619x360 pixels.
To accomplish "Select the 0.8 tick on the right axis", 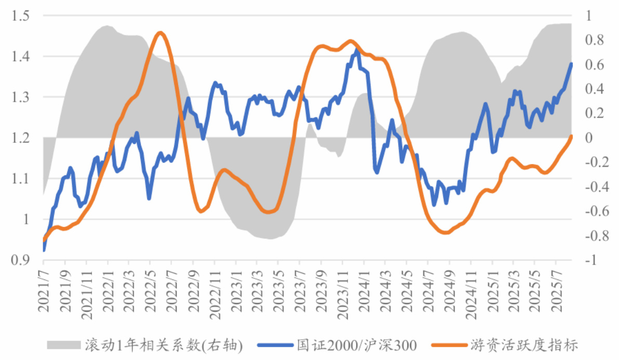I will (x=588, y=41).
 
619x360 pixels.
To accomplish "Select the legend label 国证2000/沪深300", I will (x=357, y=345).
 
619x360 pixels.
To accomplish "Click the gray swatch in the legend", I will (x=63, y=345).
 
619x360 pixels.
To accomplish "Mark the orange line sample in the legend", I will (x=447, y=345).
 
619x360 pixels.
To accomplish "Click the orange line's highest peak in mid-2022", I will (x=160, y=33).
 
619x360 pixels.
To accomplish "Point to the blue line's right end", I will (x=571, y=64).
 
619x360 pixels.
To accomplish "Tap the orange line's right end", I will (x=571, y=136).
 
